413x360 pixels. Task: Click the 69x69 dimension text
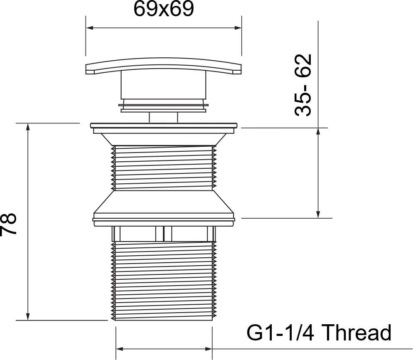[x=164, y=9]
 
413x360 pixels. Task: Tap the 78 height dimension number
[x=8, y=224]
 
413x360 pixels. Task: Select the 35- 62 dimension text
[x=303, y=85]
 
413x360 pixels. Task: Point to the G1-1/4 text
[x=280, y=333]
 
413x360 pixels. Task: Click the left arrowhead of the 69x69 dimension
[x=90, y=28]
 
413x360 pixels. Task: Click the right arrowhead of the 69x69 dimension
[x=238, y=28]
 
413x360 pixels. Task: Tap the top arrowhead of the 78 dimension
[x=28, y=127]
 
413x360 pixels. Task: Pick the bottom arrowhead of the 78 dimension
[x=28, y=316]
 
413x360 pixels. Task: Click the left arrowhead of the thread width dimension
[x=120, y=349]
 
